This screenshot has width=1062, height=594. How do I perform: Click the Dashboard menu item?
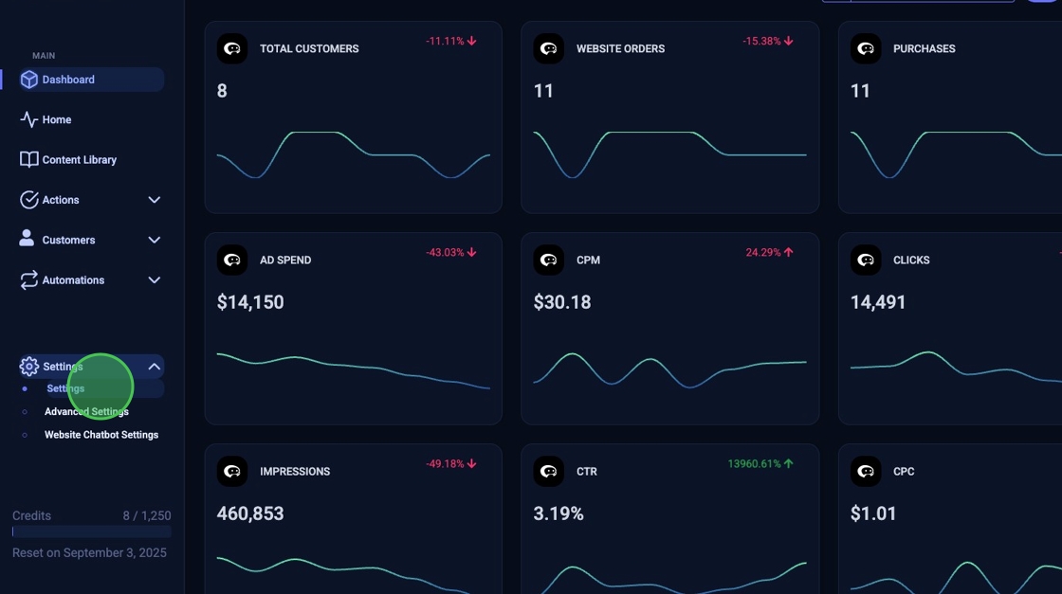tap(68, 80)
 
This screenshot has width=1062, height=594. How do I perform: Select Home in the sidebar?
tap(57, 120)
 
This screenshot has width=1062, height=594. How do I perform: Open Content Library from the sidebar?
tap(79, 160)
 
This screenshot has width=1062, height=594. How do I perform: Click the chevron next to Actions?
tap(154, 200)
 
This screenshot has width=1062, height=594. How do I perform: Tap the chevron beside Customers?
tap(154, 241)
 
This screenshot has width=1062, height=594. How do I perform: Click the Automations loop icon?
tap(29, 280)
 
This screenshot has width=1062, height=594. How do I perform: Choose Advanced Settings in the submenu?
tap(86, 412)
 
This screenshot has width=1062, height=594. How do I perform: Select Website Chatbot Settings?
tap(101, 435)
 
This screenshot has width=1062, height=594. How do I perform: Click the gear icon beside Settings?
tap(29, 367)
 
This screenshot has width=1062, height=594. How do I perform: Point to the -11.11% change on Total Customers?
tap(445, 42)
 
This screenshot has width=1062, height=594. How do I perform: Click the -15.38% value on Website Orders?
tap(761, 42)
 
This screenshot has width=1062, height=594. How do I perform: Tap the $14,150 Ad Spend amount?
tap(250, 302)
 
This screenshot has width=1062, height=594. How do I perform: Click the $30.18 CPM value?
tap(562, 302)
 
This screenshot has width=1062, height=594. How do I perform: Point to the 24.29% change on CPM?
tap(763, 253)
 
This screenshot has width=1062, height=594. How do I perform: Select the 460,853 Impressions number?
tap(250, 513)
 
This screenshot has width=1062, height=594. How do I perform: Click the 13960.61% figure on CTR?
tap(754, 464)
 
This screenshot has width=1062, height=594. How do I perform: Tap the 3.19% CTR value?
tap(558, 513)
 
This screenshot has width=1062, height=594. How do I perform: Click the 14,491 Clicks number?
tap(878, 302)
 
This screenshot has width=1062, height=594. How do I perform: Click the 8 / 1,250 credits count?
tap(147, 516)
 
